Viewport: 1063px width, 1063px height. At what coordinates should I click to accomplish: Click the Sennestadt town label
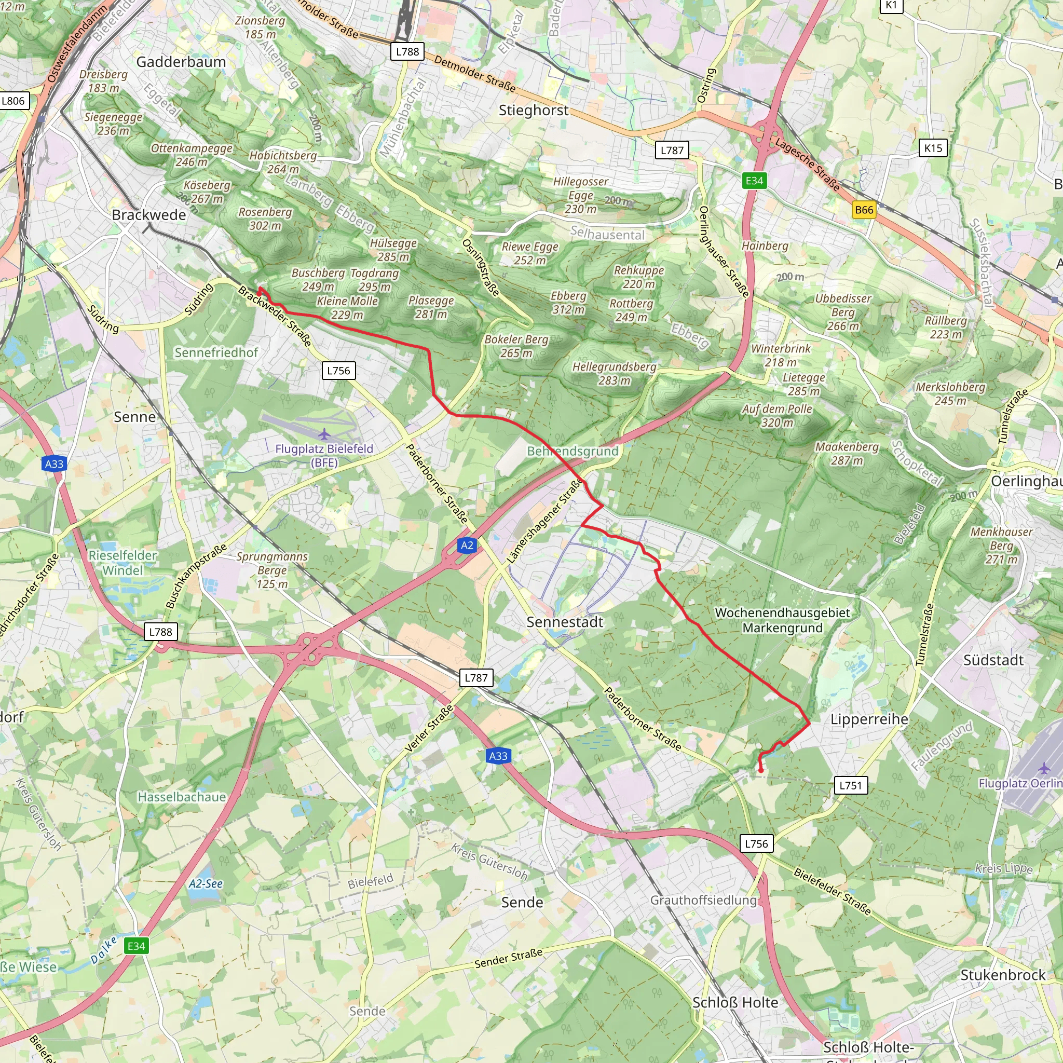565,622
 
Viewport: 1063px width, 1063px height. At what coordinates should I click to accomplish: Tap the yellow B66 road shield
864,210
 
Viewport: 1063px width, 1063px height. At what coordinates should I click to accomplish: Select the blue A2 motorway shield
467,546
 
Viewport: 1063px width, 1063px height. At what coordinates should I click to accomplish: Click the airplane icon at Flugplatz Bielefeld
324,434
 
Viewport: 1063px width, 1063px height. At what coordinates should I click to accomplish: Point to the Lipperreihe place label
869,719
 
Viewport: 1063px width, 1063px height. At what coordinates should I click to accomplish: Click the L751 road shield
851,785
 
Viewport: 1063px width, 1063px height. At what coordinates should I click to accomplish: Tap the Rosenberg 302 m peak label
265,219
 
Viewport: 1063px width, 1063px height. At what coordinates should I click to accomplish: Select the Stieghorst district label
533,110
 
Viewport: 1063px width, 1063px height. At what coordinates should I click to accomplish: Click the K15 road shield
933,148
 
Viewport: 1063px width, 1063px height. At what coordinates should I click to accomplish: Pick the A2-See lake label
205,883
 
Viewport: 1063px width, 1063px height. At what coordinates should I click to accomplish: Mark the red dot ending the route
761,771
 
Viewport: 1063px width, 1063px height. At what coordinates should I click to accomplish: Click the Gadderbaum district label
181,62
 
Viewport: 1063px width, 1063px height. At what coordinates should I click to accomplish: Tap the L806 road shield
13,101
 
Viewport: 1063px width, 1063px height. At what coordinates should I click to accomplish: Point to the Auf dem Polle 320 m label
777,415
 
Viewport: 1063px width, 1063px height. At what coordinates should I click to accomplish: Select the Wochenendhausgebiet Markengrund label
782,620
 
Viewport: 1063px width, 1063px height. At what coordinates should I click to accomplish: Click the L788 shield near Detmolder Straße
407,52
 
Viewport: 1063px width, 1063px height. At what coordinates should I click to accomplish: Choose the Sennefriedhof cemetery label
216,352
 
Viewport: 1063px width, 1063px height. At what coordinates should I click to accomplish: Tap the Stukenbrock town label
1002,975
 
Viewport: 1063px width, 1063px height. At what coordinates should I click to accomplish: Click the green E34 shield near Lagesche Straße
754,181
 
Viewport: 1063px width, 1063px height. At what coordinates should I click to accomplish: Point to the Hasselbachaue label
182,797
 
